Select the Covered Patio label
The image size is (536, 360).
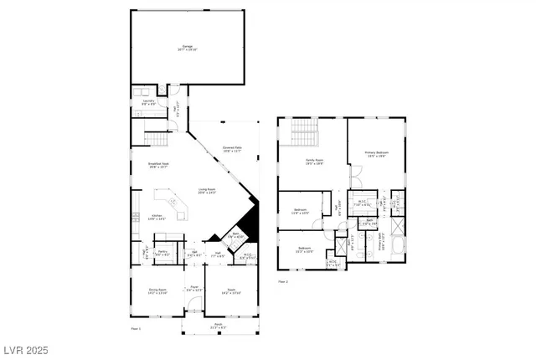(232, 150)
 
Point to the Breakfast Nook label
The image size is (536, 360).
(158, 165)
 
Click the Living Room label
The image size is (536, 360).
(207, 192)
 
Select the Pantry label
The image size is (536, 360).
(162, 253)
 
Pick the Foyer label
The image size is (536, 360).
(193, 289)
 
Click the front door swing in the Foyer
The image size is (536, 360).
(194, 305)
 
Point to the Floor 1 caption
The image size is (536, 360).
(135, 330)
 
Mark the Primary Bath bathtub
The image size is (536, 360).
(396, 247)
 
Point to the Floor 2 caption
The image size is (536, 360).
(283, 281)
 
